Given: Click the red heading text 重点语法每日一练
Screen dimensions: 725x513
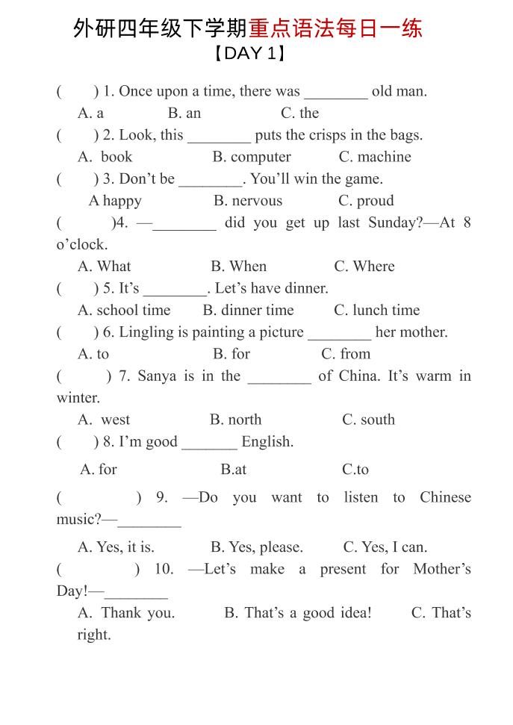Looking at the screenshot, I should point(335,28).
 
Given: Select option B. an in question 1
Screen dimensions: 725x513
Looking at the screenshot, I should point(184,113).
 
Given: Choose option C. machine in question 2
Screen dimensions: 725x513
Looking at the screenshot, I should point(375,157).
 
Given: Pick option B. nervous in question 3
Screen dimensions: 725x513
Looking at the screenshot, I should point(248,201).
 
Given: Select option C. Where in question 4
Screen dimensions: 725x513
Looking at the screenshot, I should point(364,267).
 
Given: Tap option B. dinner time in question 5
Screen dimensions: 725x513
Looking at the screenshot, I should point(248,311).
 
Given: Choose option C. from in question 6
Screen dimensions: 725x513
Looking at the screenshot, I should point(346,354).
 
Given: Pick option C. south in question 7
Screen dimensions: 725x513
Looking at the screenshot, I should point(368,420).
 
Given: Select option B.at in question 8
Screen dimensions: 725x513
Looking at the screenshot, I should point(233,470).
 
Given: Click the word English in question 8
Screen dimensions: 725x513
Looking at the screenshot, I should point(267,442).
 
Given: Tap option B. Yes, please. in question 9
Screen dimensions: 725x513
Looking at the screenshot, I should point(257,547).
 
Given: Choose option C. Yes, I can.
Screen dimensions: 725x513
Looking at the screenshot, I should point(385,547).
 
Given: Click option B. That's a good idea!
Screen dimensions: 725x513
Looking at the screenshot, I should point(297,613).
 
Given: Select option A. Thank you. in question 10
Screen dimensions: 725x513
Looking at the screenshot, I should point(126,613).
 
